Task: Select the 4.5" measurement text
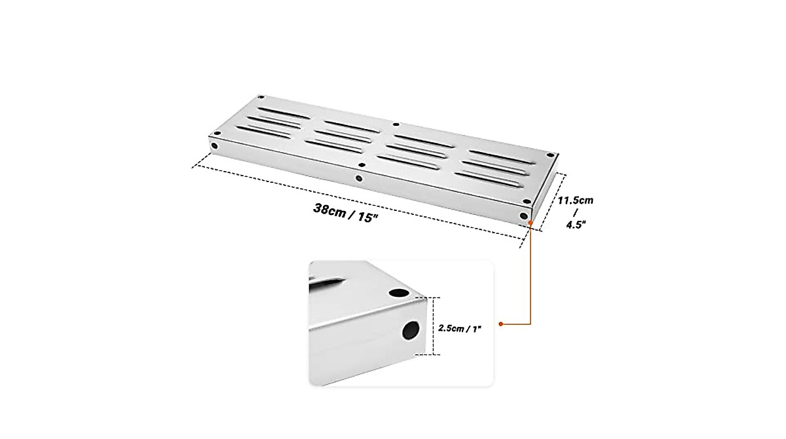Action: (x=575, y=224)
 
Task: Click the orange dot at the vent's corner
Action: (x=530, y=223)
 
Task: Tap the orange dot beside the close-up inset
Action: (x=501, y=324)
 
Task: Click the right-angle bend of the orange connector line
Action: (x=530, y=324)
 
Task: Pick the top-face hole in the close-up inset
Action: (x=397, y=293)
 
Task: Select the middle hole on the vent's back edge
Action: (x=395, y=124)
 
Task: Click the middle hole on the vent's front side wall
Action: (x=358, y=178)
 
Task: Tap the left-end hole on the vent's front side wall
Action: (x=214, y=145)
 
